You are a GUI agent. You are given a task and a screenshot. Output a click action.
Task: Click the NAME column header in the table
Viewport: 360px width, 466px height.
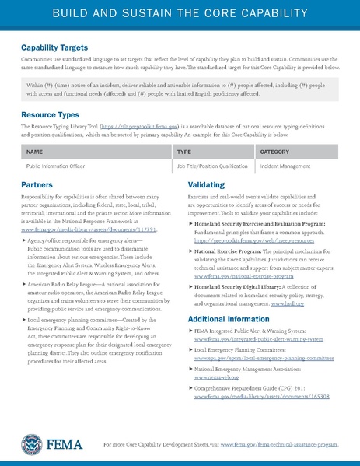point(34,152)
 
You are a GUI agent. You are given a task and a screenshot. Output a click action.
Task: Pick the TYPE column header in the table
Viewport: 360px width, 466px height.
point(184,152)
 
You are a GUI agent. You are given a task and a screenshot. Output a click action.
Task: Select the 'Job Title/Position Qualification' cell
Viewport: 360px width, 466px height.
point(212,166)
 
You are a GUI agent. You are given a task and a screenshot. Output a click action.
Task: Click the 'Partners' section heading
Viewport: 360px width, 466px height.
point(37,186)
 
